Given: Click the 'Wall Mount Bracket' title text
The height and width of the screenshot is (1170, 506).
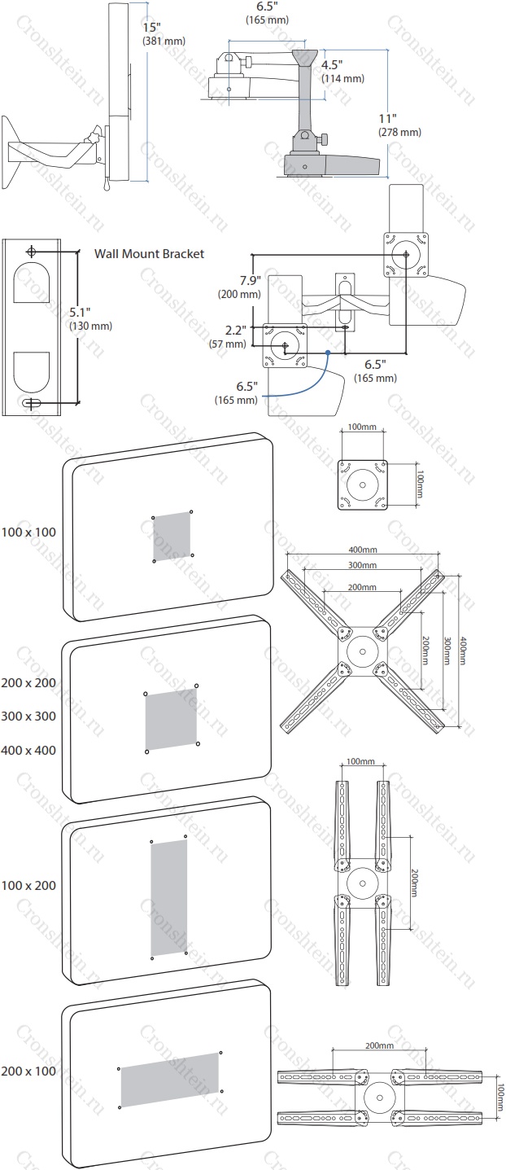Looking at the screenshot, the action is pyautogui.click(x=149, y=254).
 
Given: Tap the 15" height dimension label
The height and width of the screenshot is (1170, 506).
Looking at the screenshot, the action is pyautogui.click(x=164, y=33).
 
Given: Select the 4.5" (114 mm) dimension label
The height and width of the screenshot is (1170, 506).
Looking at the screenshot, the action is pyautogui.click(x=342, y=71).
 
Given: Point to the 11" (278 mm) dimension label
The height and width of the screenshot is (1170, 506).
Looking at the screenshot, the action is pyautogui.click(x=399, y=125).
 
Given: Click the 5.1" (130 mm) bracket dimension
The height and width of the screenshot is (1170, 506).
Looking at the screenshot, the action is pyautogui.click(x=91, y=318).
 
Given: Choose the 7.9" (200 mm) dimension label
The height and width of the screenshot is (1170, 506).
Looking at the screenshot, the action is pyautogui.click(x=239, y=287).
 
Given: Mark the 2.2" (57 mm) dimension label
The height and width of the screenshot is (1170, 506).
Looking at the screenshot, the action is pyautogui.click(x=228, y=337).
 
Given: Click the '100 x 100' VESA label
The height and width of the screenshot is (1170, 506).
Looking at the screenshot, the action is pyautogui.click(x=28, y=532).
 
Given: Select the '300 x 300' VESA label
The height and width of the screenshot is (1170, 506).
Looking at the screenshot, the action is pyautogui.click(x=28, y=716).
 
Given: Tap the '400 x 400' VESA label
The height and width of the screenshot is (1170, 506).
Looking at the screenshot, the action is pyautogui.click(x=28, y=751).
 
